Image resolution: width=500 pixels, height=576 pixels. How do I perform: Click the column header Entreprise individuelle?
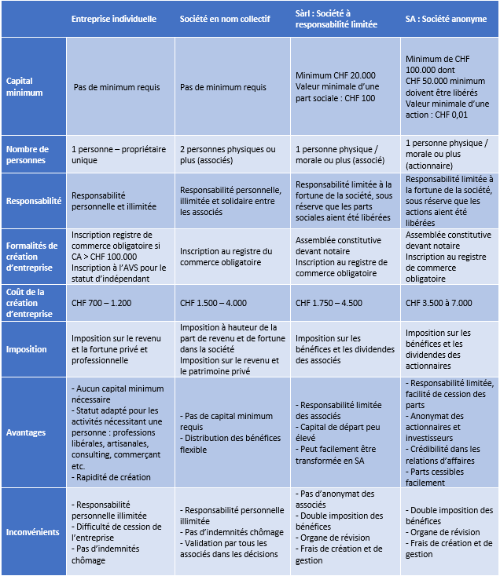[x=113, y=19]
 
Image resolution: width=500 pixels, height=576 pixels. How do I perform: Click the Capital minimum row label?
[x=25, y=86]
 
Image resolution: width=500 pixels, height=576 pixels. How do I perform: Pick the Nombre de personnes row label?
[x=28, y=155]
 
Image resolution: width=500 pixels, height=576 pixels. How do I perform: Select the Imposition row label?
[x=27, y=349]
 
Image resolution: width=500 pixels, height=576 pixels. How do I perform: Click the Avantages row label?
[x=27, y=432]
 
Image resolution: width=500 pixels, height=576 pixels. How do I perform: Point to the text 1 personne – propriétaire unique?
[x=116, y=155]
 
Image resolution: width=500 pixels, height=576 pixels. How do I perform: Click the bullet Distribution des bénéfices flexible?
[x=222, y=444]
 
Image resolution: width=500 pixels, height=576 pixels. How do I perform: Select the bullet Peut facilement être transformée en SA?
[x=342, y=455]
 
